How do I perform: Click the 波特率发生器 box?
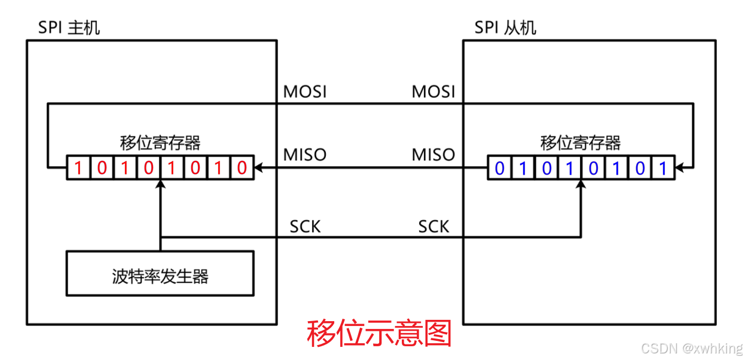coord(160,276)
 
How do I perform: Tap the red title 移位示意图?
coord(379,334)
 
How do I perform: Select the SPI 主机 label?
coord(69,28)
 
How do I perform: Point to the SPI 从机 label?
coord(505,28)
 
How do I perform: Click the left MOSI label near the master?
coord(305,92)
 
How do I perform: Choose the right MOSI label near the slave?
coord(433,92)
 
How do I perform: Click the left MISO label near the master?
coord(305,154)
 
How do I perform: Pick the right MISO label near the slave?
coord(433,154)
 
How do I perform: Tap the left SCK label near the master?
coord(305,227)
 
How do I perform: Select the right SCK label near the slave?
coord(433,227)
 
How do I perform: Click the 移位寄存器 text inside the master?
coord(160,143)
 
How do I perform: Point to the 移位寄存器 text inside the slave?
coord(581,143)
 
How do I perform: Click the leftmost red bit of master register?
coord(78,169)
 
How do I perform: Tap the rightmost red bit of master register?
coord(242,169)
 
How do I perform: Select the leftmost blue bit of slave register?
coord(499,169)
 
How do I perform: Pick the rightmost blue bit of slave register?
coord(662,169)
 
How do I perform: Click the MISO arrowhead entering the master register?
coord(258,169)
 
